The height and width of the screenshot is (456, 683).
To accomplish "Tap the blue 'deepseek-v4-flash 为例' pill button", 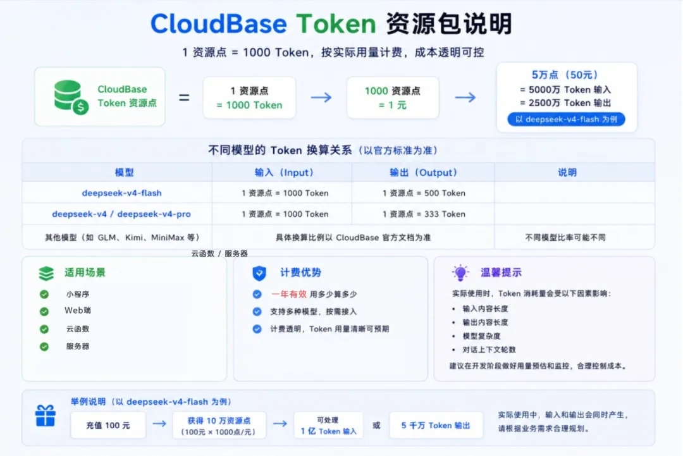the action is click(566, 120).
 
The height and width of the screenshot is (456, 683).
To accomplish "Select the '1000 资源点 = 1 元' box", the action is click(393, 97).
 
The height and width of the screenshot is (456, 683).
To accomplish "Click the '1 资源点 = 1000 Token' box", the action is click(249, 97).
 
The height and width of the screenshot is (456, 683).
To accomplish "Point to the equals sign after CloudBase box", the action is click(184, 97).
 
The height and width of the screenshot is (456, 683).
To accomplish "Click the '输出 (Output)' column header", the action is click(423, 173).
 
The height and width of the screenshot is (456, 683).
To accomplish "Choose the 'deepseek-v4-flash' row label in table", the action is click(121, 193).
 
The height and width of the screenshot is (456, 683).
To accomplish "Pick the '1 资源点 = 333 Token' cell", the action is click(423, 214).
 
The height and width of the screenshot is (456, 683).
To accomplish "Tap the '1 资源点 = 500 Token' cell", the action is click(423, 193).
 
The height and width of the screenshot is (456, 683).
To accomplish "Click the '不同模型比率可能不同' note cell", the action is click(565, 237).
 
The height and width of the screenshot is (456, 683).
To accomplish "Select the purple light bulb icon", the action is click(460, 273).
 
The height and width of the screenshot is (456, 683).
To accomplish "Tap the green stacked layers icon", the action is click(46, 273).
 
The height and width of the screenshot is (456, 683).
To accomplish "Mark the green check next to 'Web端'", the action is click(44, 311).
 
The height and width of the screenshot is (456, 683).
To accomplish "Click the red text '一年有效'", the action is click(289, 294).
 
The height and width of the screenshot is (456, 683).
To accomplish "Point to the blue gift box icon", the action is click(46, 416).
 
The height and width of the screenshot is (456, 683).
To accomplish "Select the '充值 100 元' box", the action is click(108, 425).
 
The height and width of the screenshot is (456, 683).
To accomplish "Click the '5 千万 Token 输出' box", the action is click(436, 425).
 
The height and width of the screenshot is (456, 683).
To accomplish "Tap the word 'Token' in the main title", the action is click(336, 23).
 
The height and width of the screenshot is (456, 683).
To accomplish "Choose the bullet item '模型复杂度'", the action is click(481, 336).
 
